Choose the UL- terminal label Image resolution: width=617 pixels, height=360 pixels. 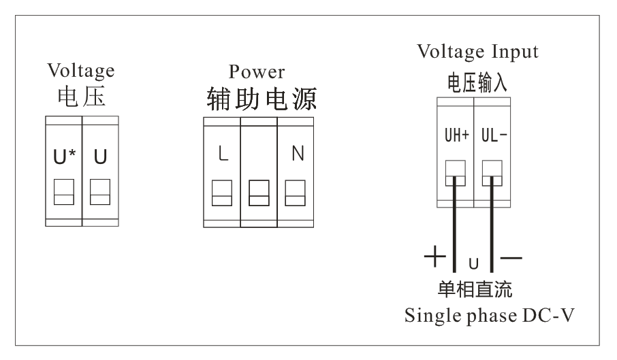pyautogui.click(x=493, y=135)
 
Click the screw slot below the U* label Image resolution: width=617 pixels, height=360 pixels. pyautogui.click(x=63, y=192)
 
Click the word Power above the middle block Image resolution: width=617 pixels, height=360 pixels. pyautogui.click(x=257, y=71)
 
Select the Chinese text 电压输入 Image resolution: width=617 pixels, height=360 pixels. pyautogui.click(x=477, y=82)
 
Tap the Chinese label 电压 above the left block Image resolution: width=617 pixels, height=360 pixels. pyautogui.click(x=80, y=97)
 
